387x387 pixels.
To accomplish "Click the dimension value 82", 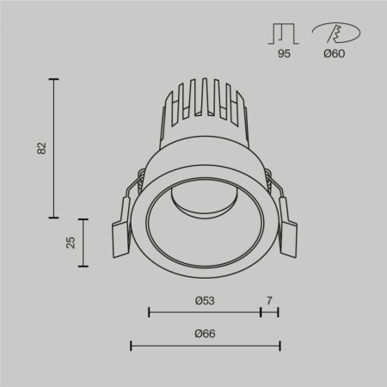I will pos(40,148).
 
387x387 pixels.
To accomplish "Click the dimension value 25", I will pos(71,242).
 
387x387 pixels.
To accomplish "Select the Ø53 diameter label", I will pos(205,300).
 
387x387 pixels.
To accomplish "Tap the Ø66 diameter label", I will pos(205,334).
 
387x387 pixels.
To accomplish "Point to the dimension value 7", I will pos(269,300).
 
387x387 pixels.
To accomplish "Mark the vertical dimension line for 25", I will pos(84,242).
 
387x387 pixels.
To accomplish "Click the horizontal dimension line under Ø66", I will pos(205,346).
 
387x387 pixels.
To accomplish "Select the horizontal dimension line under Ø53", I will pos(205,312).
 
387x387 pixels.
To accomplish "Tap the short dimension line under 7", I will pos(269,312).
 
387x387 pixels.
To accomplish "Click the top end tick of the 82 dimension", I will pos(55,79).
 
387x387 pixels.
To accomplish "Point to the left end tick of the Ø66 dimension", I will pos(131,346).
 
